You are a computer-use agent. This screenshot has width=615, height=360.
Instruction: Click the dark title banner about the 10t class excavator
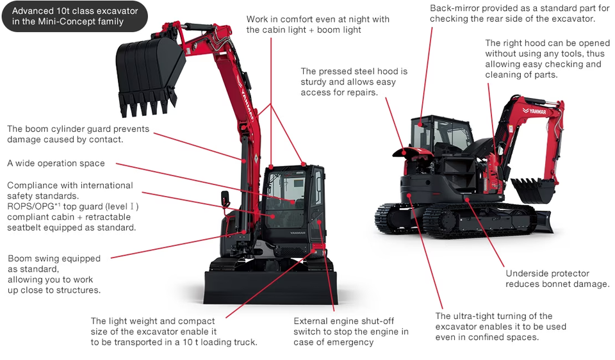coord(75,17)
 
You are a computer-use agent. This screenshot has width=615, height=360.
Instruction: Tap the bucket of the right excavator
coord(532,190)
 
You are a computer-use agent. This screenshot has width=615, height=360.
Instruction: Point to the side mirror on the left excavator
coord(225,199)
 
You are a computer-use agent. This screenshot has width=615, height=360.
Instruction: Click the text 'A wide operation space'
coord(56,163)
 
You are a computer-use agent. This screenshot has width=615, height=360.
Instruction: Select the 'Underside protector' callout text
coord(557,279)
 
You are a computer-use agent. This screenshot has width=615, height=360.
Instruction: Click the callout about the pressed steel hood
coord(354,82)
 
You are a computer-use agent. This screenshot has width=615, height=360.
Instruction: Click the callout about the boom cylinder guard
coord(78,134)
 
